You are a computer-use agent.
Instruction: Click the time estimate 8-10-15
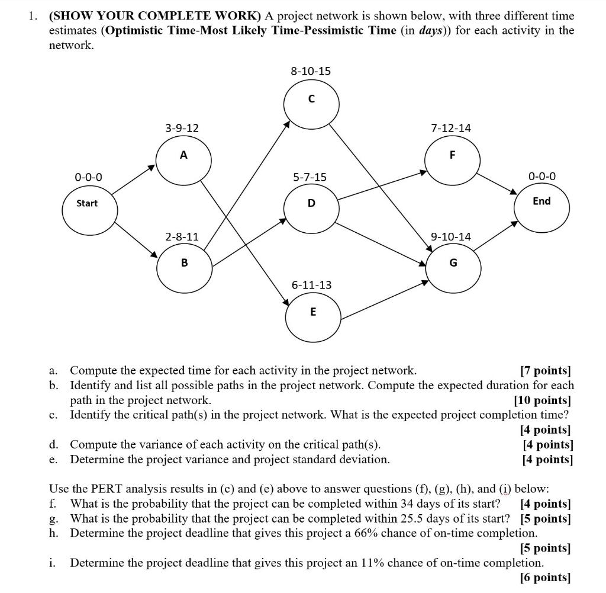(x=311, y=71)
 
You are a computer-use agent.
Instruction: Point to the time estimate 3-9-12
(x=182, y=127)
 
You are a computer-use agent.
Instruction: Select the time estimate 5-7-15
(x=310, y=177)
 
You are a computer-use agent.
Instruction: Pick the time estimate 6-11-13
(x=311, y=285)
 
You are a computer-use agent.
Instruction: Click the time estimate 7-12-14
(x=452, y=127)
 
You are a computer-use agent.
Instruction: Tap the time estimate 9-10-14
(x=451, y=236)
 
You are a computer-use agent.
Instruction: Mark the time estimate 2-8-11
(x=182, y=236)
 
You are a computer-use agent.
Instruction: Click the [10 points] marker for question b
(x=542, y=400)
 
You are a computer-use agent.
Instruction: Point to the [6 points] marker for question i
(x=545, y=577)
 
